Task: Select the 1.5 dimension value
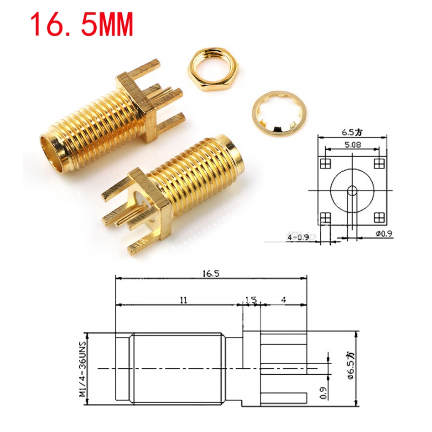click(x=250, y=299)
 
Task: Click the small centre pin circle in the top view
click(x=352, y=190)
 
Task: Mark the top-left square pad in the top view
click(x=325, y=163)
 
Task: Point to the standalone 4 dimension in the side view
click(x=283, y=299)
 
